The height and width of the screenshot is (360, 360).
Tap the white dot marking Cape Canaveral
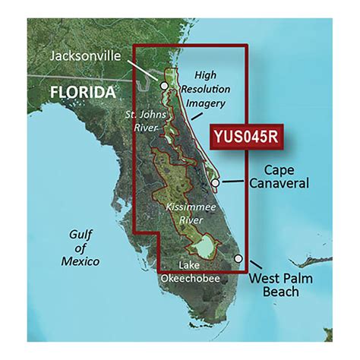click(x=216, y=183)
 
